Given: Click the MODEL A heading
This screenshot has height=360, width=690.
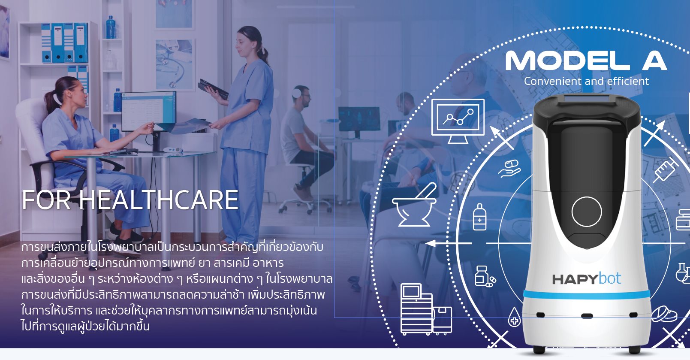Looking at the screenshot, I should [x=586, y=61].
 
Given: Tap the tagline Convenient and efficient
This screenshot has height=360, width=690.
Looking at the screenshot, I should [x=586, y=81].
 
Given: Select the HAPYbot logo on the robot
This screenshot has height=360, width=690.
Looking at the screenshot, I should [x=586, y=279].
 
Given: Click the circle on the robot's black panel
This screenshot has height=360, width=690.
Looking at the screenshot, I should [x=586, y=212].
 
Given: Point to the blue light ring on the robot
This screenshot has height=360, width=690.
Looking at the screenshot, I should [x=586, y=294].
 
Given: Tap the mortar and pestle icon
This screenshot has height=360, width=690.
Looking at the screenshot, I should [x=414, y=206].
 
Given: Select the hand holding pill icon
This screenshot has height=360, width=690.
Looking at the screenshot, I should [x=509, y=168].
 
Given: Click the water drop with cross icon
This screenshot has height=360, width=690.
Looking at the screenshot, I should [x=514, y=317].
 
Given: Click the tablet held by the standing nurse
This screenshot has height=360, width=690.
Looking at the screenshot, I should [x=213, y=88].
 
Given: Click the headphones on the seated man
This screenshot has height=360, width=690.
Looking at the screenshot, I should [x=297, y=92].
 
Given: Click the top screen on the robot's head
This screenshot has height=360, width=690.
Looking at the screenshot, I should [x=586, y=100].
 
